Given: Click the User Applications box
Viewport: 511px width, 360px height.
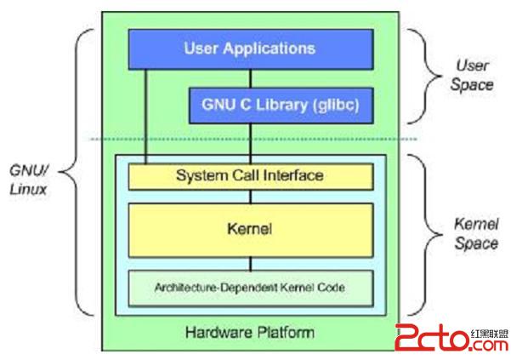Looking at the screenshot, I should (x=249, y=49).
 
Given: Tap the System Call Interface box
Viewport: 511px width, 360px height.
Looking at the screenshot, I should (x=250, y=176).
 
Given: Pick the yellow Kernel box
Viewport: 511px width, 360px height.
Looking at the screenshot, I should (x=249, y=230).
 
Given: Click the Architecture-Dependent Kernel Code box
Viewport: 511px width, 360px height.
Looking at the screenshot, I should (x=249, y=288).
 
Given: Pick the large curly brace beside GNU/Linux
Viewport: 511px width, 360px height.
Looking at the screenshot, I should (x=77, y=170).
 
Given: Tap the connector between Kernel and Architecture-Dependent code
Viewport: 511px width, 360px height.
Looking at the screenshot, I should (x=249, y=263).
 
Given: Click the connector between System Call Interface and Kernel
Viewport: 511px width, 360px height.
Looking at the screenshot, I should (x=249, y=196).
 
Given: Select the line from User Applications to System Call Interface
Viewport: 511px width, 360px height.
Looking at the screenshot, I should (x=145, y=115).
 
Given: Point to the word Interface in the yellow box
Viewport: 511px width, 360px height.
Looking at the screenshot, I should (x=295, y=176).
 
